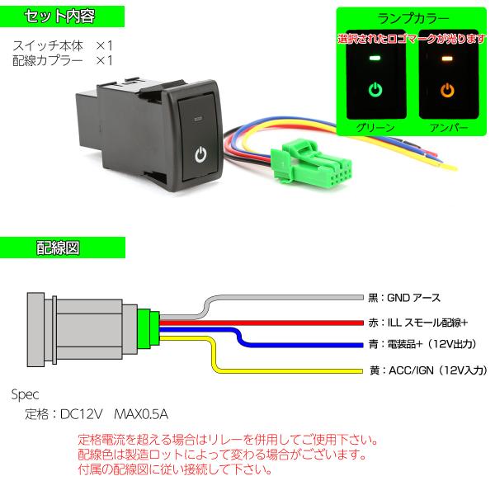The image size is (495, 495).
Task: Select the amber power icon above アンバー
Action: tap(448, 88)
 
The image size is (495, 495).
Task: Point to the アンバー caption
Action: tap(448, 129)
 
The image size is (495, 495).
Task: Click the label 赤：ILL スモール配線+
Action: tap(418, 322)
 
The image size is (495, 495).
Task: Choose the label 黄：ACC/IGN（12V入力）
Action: tap(429, 371)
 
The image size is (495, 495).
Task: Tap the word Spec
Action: tap(26, 394)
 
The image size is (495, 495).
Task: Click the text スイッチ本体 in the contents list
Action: tap(49, 45)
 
